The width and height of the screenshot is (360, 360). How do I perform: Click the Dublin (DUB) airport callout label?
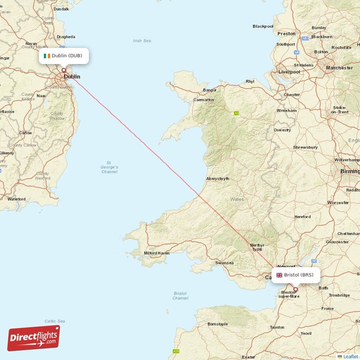pos(63,56)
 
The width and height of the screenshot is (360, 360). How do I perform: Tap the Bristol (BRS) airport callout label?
pos(296,275)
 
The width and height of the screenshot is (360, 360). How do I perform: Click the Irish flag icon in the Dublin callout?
pos(47,56)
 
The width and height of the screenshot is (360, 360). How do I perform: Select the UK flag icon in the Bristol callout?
pos(279,275)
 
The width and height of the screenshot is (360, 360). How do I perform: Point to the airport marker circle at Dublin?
pos(63,70)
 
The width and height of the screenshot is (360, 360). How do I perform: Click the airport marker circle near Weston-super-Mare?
pos(296,289)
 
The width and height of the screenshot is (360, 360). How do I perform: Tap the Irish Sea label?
pos(142,41)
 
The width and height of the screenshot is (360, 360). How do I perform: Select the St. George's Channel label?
pos(109,167)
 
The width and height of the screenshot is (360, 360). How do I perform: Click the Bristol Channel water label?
pos(180,296)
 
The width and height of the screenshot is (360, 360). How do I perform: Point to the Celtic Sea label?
pos(55,321)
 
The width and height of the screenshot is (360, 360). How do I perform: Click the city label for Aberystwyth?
pos(217,179)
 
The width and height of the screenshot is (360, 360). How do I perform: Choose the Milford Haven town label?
pos(157,253)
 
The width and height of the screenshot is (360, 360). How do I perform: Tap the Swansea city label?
pos(224,263)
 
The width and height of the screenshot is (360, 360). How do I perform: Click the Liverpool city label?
pos(289,72)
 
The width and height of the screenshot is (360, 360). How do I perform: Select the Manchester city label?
pos(339,68)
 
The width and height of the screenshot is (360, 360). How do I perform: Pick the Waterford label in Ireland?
pos(16,199)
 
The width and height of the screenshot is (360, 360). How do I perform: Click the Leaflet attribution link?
pos(351,356)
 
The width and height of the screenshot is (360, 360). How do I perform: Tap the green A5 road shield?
pos(236,113)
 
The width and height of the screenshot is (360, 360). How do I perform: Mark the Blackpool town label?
pos(263,26)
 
